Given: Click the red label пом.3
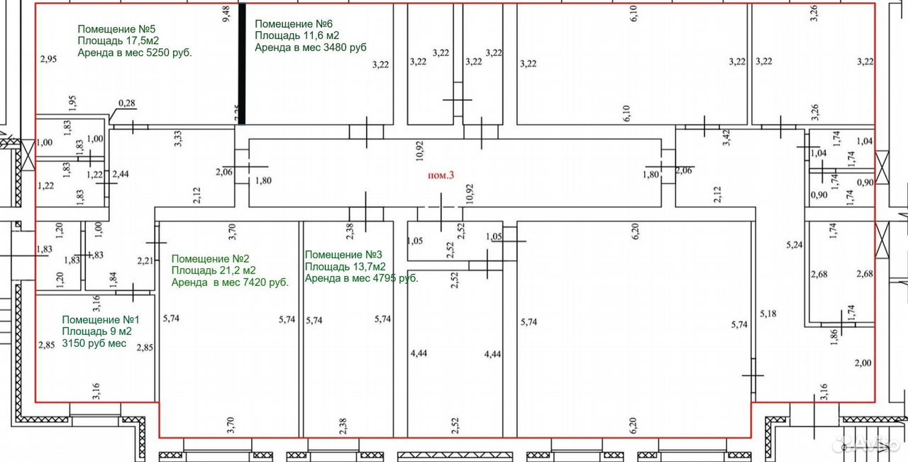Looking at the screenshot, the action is click(441, 175).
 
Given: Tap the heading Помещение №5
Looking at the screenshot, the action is click(116, 29).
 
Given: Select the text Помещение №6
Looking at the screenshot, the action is click(294, 24).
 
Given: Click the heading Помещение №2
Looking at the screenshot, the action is click(211, 259).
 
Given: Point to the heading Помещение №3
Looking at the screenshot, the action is click(343, 255).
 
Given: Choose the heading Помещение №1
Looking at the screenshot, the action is click(101, 319).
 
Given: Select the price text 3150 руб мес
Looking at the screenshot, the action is click(94, 343).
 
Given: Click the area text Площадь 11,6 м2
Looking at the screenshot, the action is click(297, 35).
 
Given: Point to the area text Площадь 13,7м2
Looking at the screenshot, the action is click(345, 267).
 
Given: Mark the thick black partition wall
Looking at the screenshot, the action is click(242, 64).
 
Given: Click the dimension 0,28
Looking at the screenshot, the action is click(127, 103).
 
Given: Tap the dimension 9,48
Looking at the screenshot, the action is click(226, 13).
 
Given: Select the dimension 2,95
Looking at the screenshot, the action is click(49, 59).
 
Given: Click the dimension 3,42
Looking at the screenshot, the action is click(726, 138).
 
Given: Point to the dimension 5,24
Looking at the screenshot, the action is click(794, 245).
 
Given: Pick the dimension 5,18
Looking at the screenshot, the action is click(768, 314).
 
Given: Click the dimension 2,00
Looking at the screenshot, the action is click(863, 363).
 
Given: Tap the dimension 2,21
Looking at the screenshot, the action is click(145, 260).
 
